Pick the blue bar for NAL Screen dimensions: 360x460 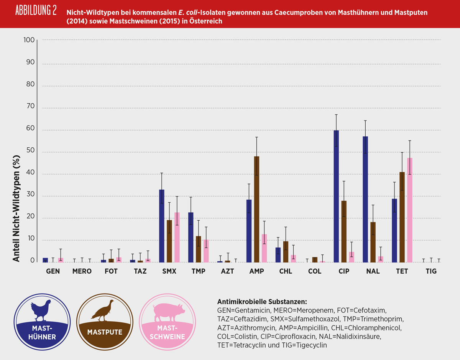click(x=365, y=199)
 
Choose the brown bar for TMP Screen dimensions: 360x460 click(x=198, y=249)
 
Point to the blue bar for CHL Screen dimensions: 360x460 click(x=278, y=255)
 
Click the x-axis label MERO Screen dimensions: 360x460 click(x=82, y=271)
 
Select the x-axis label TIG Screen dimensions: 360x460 click(x=431, y=271)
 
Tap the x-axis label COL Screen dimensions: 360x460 click(x=315, y=271)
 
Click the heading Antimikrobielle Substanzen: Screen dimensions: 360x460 click(x=262, y=302)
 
